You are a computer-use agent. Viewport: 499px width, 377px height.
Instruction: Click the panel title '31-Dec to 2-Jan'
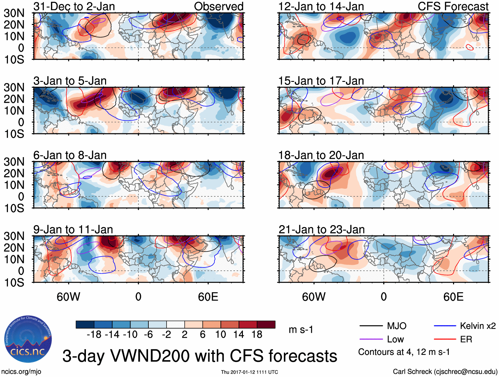[74, 6]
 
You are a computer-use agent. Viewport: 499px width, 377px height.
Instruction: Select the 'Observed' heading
[218, 6]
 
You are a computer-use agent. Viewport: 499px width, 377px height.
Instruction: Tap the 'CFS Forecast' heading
[453, 6]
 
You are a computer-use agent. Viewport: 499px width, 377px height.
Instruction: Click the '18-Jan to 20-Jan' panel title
[321, 155]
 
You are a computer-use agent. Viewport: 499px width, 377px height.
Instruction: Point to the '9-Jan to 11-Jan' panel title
[73, 229]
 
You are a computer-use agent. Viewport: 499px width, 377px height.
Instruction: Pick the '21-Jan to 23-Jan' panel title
[322, 229]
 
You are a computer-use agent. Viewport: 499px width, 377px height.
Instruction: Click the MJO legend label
[397, 326]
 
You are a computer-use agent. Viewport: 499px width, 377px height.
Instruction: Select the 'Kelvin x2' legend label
[478, 326]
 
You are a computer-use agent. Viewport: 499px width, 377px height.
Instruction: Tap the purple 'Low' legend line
[371, 339]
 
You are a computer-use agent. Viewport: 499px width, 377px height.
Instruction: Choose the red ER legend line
[445, 339]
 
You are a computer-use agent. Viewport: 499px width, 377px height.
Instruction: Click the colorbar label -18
[94, 335]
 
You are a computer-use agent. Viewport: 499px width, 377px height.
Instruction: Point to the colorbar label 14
[239, 335]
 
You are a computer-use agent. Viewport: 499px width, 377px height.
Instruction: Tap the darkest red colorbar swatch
[266, 325]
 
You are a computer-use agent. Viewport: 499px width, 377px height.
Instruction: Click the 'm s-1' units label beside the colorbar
[301, 330]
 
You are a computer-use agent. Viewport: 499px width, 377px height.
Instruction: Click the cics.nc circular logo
[28, 339]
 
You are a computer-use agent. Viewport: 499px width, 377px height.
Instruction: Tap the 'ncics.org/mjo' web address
[21, 372]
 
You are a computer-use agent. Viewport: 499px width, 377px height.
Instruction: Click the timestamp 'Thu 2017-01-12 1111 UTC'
[249, 372]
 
